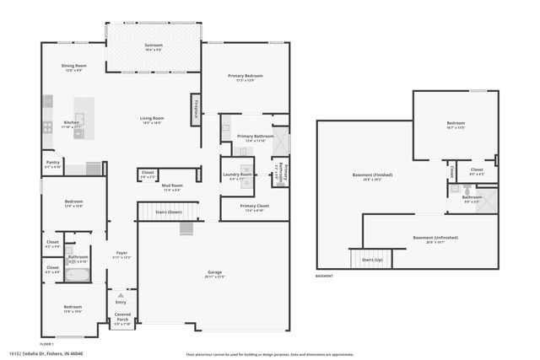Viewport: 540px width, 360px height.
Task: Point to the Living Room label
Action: pos(152,120)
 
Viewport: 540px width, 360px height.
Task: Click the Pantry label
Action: pos(52,164)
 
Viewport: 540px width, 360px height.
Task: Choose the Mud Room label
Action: pos(172,186)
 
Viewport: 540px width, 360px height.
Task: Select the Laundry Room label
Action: pos(240,175)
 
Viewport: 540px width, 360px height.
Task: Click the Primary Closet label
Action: pos(253,207)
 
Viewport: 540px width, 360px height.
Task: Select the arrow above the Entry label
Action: pos(121,295)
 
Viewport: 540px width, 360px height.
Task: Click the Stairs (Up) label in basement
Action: pos(372,261)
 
